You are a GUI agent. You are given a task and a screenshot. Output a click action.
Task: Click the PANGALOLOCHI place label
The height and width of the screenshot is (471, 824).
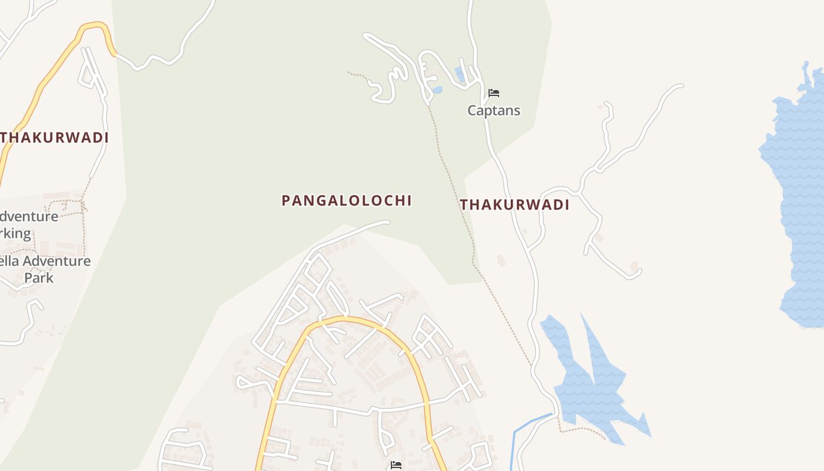(x=346, y=201)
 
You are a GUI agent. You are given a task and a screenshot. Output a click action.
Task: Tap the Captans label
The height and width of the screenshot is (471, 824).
(x=494, y=111)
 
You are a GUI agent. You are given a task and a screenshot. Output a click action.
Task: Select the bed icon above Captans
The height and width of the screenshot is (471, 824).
(x=494, y=93)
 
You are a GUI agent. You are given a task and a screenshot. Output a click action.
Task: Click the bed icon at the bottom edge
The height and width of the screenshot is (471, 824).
(x=396, y=465)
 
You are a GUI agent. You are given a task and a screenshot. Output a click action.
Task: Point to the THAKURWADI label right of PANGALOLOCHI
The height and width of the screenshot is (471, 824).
(x=514, y=205)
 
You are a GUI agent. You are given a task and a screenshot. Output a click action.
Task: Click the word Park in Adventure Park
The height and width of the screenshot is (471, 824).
(x=39, y=278)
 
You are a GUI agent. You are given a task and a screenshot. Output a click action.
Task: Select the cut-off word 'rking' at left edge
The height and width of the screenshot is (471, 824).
(x=15, y=233)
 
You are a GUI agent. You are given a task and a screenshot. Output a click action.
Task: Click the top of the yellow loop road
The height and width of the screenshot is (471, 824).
(x=347, y=320)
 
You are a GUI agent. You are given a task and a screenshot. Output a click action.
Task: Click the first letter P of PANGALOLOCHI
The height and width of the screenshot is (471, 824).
(x=286, y=201)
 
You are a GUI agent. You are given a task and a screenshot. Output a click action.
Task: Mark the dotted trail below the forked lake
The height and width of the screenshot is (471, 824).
(x=583, y=429)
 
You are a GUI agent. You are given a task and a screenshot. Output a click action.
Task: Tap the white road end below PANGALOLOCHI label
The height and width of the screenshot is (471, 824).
(x=386, y=223)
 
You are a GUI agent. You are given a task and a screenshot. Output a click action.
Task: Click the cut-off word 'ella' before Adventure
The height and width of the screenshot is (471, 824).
(x=8, y=261)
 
